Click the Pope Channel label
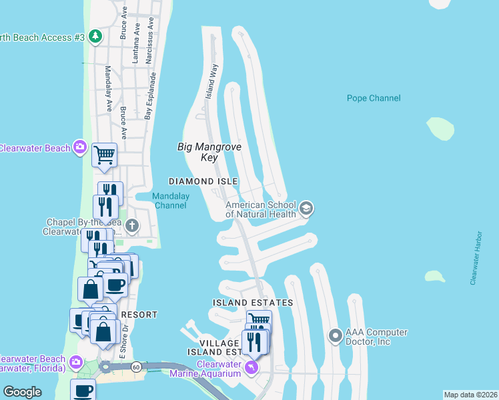coord(374,98)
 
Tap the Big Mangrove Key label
coord(209,152)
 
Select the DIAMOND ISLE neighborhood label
coord(203,181)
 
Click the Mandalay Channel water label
coord(171,201)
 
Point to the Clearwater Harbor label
coord(475,258)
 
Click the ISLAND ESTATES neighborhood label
coord(253,303)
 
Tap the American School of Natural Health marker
coord(306,209)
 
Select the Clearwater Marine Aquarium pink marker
coord(251,366)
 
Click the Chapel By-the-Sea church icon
coord(132,225)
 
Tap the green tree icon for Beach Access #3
coord(95,36)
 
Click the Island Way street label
coord(211,80)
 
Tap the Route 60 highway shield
coord(135,366)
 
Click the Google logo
coord(23,392)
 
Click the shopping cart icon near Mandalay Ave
coord(105,155)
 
